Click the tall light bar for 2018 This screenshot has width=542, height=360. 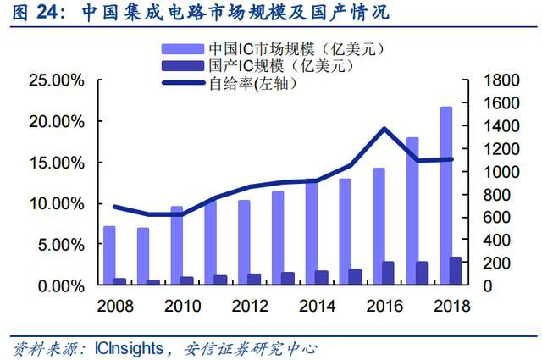tap(446, 195)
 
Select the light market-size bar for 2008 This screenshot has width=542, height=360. tap(109, 255)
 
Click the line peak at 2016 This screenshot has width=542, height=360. tap(384, 129)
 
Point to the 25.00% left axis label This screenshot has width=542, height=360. tap(56, 80)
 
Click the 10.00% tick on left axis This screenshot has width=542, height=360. tap(56, 203)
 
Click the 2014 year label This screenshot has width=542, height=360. tap(318, 304)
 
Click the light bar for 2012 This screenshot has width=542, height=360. tap(244, 242)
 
